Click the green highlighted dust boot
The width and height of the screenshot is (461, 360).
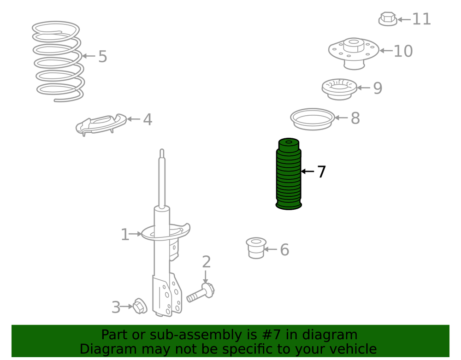289,174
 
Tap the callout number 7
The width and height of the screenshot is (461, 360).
322,171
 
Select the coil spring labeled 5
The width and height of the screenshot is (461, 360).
58,61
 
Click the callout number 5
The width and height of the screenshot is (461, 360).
102,56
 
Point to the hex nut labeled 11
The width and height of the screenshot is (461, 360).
388,19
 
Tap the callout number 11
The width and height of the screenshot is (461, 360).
422,19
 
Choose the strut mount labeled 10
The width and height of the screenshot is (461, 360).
354,53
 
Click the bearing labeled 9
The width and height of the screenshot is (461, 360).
339,89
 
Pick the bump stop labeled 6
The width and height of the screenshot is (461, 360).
256,248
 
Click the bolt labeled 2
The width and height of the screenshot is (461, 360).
201,293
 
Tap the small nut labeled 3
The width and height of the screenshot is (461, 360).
140,306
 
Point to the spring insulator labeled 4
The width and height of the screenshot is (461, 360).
101,124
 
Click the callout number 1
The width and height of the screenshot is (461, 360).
125,235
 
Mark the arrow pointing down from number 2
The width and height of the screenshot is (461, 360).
206,277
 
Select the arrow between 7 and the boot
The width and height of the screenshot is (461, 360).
307,171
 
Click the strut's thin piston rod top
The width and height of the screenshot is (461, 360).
162,153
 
